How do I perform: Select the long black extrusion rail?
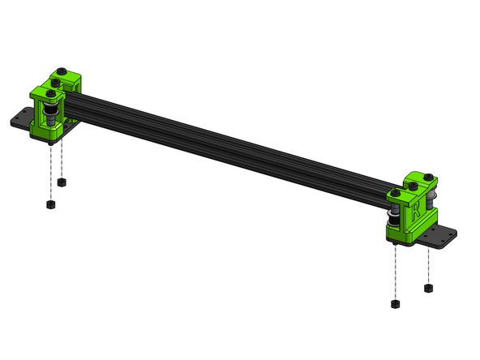click(x=235, y=138)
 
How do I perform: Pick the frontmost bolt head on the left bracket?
click(x=51, y=96)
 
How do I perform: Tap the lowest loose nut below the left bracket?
click(x=50, y=204)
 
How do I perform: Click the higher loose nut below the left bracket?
click(x=62, y=182)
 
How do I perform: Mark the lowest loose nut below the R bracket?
click(x=396, y=304)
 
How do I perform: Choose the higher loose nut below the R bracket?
click(x=426, y=286)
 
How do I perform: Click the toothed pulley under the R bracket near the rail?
click(x=396, y=223)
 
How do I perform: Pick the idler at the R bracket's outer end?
click(x=438, y=199)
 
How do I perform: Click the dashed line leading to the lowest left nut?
click(x=50, y=170)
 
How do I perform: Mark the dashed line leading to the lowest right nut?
click(x=396, y=272)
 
